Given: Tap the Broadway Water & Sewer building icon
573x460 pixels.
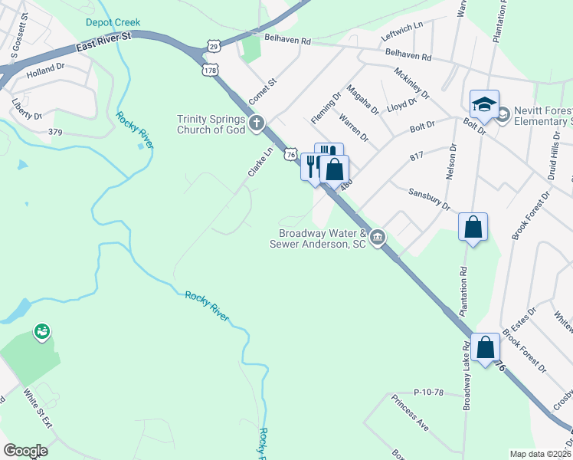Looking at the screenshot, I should click(x=377, y=238).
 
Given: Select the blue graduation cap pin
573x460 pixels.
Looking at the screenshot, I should click(x=484, y=104).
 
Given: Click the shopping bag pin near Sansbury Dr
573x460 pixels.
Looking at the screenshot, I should click(x=473, y=227).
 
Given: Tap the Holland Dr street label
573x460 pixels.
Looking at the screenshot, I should click(x=45, y=69).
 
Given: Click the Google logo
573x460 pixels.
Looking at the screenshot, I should click(x=25, y=450).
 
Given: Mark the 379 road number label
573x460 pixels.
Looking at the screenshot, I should click(x=54, y=131).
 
